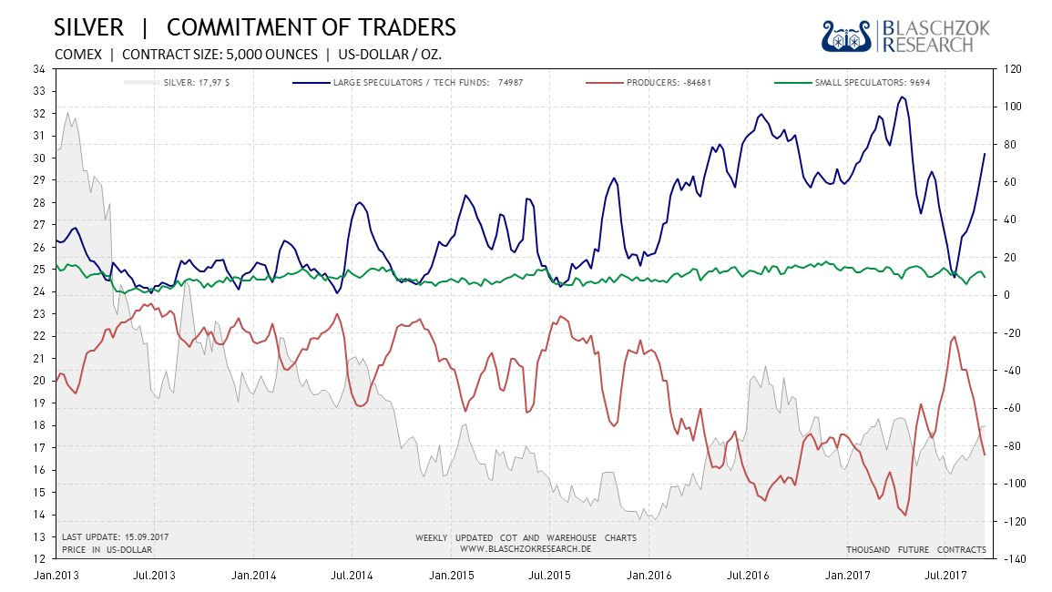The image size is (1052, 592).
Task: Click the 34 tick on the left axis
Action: click(40, 69)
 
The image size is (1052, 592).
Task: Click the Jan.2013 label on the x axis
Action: click(56, 576)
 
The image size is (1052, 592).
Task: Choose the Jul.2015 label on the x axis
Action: click(550, 576)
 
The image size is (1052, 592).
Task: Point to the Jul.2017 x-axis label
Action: click(945, 576)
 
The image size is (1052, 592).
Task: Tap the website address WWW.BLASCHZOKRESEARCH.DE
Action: click(526, 549)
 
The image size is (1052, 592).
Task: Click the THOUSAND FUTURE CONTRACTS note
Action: click(915, 549)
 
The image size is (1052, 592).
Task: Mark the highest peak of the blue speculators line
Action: click(901, 97)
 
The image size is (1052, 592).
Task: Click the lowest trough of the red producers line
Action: click(904, 515)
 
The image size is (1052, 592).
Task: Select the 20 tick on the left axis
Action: click(40, 381)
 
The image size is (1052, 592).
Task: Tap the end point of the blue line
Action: click(985, 153)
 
